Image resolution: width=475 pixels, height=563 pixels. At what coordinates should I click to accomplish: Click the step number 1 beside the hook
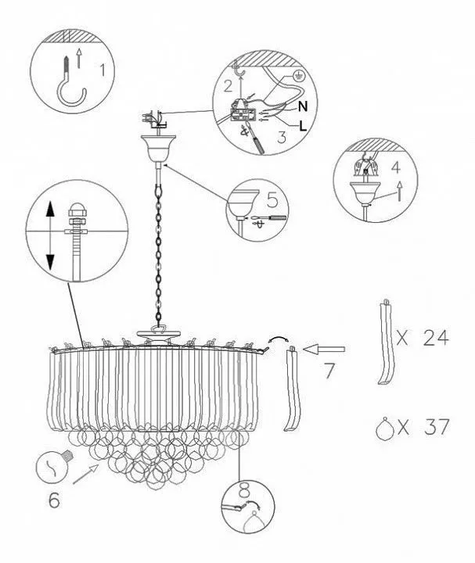[x=103, y=70]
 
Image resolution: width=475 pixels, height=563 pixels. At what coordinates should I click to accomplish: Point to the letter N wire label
[x=303, y=106]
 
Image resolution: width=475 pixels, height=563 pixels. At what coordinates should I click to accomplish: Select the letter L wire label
[x=304, y=126]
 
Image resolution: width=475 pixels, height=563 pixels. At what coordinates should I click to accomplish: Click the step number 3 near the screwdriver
[x=282, y=137]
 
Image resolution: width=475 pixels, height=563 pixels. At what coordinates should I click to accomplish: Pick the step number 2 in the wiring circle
[x=229, y=86]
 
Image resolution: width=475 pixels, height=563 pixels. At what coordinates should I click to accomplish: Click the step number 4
[x=396, y=167]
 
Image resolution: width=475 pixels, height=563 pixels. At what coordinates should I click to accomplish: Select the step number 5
[x=272, y=199]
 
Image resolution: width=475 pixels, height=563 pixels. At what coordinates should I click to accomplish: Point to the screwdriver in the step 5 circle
[x=268, y=217]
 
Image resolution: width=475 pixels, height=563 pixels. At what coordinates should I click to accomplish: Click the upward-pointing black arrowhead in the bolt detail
[x=50, y=209]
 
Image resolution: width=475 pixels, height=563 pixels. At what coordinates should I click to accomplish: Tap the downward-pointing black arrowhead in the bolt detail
[x=49, y=262]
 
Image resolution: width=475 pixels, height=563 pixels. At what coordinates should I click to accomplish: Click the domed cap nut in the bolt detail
[x=76, y=209]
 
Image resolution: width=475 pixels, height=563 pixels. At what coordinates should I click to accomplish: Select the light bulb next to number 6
[x=56, y=465]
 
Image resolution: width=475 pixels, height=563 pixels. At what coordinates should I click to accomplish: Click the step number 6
[x=54, y=500]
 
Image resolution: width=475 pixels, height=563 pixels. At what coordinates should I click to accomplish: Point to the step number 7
[x=329, y=371]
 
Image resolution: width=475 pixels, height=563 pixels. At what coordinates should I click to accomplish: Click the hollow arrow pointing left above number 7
[x=324, y=349]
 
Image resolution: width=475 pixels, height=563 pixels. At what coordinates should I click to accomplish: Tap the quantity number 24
[x=436, y=338]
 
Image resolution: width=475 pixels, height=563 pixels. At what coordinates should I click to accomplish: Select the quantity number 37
[x=437, y=427]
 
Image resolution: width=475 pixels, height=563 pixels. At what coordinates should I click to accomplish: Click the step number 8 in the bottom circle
[x=245, y=489]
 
